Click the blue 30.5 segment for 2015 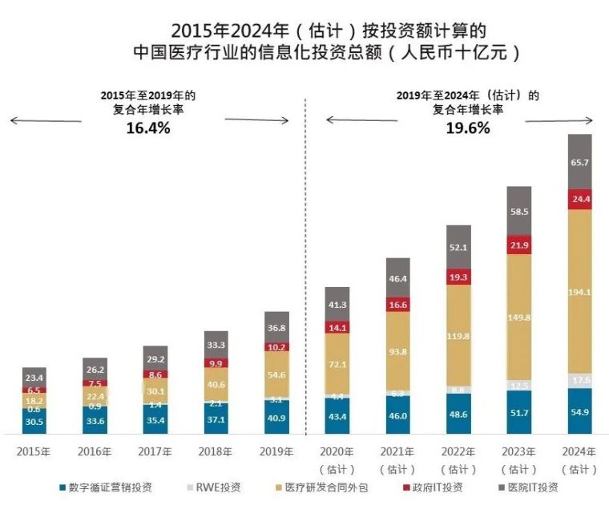34,421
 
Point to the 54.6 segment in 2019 276,374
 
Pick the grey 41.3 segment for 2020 337,305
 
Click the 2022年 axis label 458,451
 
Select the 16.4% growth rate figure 148,127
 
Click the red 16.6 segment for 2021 397,305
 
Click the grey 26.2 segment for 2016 95,370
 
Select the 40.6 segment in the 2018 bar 216,384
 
